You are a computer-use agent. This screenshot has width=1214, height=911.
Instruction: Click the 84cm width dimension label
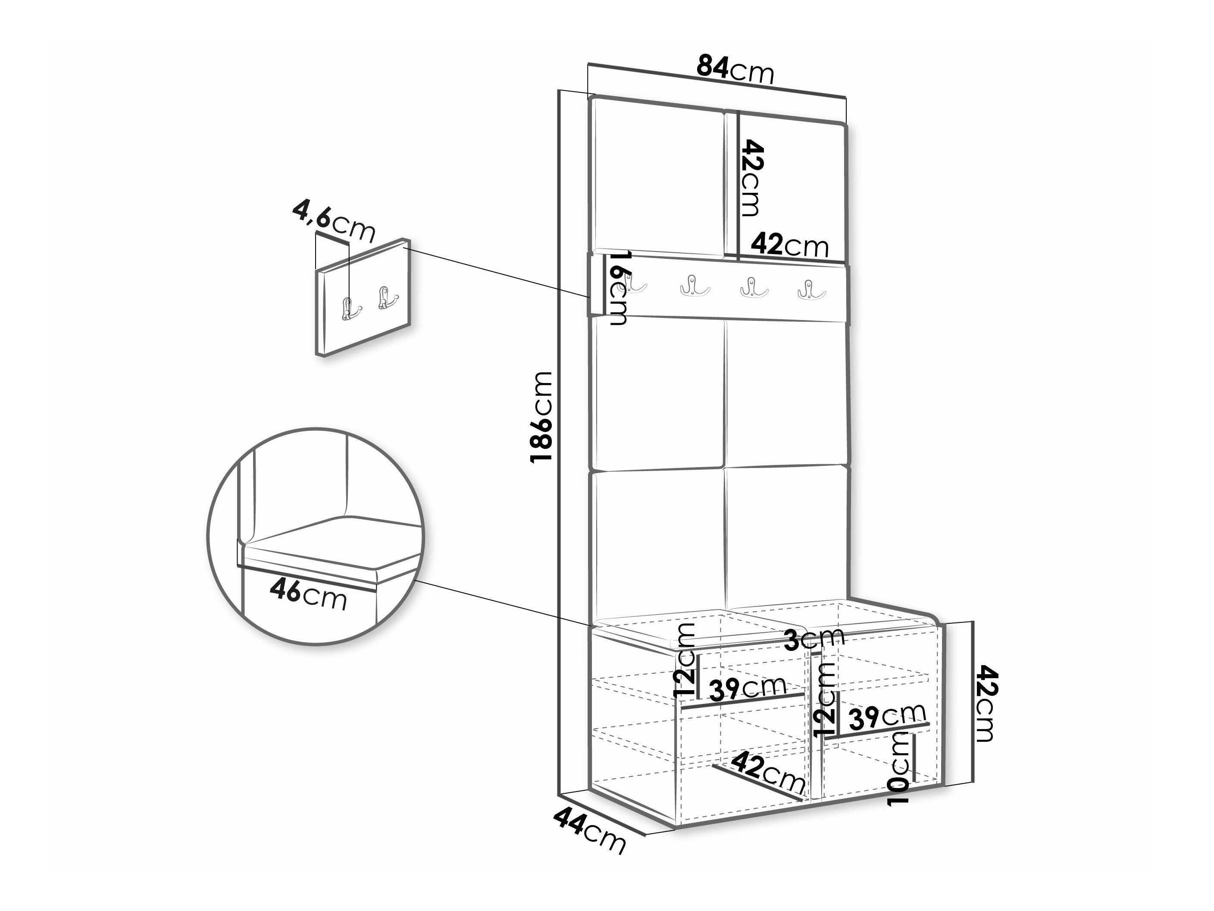(735, 70)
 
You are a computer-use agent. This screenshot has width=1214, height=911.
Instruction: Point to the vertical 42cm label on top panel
(752, 177)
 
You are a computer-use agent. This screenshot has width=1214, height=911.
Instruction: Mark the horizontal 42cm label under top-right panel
(789, 245)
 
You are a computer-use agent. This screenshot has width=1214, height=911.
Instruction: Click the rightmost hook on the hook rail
(811, 289)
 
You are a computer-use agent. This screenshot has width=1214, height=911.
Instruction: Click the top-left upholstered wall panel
(657, 176)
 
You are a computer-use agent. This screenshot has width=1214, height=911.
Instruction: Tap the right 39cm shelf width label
(887, 716)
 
